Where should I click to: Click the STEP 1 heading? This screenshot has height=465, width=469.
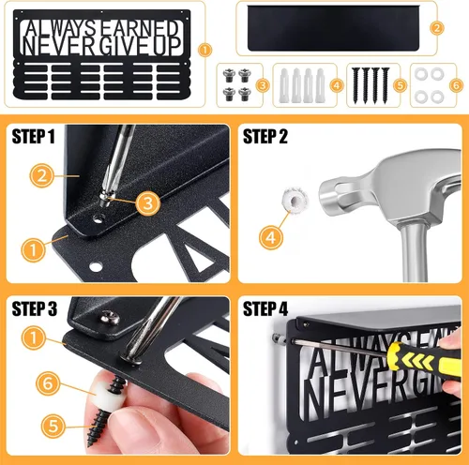(33, 136)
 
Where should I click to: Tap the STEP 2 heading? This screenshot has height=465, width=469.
(265, 136)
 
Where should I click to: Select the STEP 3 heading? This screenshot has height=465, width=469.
(35, 308)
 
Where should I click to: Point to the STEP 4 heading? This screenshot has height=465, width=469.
(265, 308)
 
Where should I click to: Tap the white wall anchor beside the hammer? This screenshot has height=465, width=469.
(295, 200)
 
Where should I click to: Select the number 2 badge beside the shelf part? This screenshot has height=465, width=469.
(437, 28)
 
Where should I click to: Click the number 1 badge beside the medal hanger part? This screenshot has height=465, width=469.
(204, 50)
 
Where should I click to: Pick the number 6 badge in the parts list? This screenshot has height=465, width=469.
(456, 85)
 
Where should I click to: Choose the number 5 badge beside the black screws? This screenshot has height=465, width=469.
(401, 85)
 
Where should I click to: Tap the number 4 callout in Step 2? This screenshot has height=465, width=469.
(271, 237)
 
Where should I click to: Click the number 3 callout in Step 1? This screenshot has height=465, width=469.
(148, 203)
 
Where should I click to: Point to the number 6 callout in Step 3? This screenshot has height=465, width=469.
(48, 383)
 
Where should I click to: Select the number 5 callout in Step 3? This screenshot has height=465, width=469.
(53, 426)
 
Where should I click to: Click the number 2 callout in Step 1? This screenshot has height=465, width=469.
(42, 175)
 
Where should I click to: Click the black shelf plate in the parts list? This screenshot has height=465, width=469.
(333, 28)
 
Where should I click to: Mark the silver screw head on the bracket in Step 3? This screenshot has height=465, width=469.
(111, 317)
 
